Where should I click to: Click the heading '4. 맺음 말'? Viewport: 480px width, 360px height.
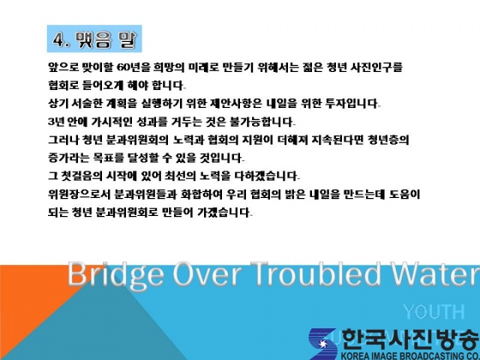click(x=94, y=39)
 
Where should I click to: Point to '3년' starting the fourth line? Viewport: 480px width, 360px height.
click(x=56, y=122)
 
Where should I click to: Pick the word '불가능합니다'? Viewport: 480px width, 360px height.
click(x=261, y=122)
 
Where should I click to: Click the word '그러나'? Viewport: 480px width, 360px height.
click(x=63, y=140)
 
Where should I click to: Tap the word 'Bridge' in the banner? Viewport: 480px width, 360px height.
click(x=116, y=274)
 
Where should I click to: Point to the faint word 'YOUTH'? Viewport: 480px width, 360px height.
click(x=434, y=312)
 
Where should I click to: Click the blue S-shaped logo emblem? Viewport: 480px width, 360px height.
click(x=322, y=344)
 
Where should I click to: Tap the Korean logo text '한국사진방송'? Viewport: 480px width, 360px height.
click(x=410, y=339)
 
